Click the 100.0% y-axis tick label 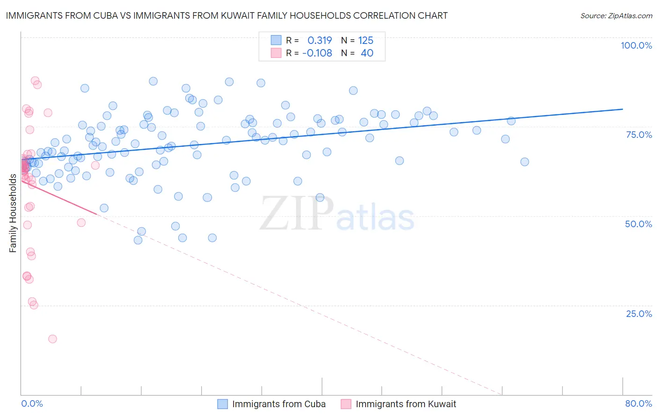(x=636, y=45)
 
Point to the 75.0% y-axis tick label (x=639, y=135)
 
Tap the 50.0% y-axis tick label (x=638, y=224)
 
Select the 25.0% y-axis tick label (x=639, y=314)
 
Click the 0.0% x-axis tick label (x=32, y=403)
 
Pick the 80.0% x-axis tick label (x=638, y=403)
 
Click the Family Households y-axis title (x=13, y=213)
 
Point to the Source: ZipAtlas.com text (x=616, y=15)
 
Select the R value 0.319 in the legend (x=320, y=41)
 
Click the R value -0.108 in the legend (x=317, y=53)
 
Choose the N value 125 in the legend (x=366, y=41)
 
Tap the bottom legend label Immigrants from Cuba (x=279, y=404)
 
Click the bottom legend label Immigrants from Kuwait (x=406, y=404)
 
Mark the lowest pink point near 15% (x=52, y=339)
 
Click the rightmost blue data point (x=525, y=162)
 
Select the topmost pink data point (x=35, y=81)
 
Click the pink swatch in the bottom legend (x=346, y=404)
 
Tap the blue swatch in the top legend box (x=276, y=41)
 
